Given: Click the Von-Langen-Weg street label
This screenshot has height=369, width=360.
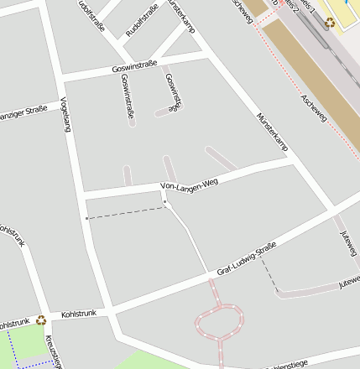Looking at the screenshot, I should click(189, 185).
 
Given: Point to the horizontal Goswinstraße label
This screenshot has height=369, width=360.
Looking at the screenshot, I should click(135, 67).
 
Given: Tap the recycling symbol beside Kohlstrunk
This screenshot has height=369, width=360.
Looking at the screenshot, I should click(40, 320).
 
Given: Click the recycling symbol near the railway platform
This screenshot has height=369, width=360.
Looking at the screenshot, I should click(330, 22).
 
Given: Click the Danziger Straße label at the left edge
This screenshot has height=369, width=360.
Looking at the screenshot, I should click(23, 112).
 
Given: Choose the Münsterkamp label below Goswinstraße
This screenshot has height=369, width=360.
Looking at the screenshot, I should click(272, 132).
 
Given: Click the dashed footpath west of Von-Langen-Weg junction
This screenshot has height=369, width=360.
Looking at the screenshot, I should click(126, 213).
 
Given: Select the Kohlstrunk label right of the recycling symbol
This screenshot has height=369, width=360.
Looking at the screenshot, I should click(79, 314).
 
